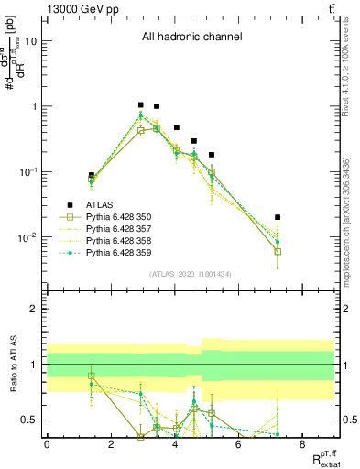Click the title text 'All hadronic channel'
(x=191, y=38)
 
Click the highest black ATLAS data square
(x=140, y=105)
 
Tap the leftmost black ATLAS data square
(x=91, y=175)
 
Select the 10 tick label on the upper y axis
(x=32, y=41)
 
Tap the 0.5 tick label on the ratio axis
(x=29, y=420)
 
